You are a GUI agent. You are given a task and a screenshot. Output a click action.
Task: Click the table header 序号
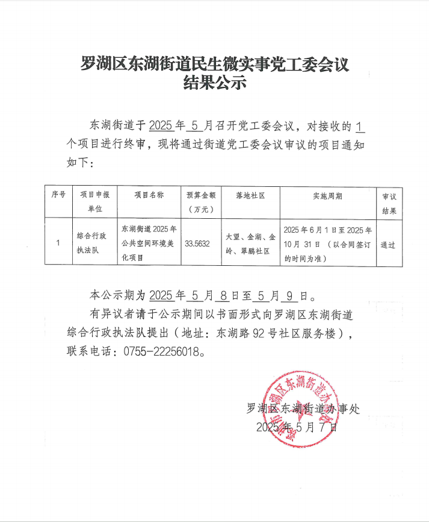tap(58, 195)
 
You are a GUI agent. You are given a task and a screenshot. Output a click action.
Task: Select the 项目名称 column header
tap(149, 195)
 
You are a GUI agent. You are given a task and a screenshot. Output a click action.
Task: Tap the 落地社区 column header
tap(250, 195)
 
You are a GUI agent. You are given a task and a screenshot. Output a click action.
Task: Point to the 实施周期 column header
tap(327, 195)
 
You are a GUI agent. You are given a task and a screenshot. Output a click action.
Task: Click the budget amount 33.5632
tap(197, 244)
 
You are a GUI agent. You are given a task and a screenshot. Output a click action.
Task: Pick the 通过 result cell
tap(388, 244)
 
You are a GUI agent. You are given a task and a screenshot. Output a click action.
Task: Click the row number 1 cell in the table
tap(58, 244)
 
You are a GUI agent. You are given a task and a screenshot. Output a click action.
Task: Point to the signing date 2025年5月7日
tap(297, 427)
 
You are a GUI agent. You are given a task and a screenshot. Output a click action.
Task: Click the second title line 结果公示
tap(215, 84)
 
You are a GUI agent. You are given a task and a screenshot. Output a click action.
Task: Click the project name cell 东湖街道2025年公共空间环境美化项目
tap(149, 244)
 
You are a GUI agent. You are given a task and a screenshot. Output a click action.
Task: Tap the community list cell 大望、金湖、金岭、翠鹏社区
tap(250, 244)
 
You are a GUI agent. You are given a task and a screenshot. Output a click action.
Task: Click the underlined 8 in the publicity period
tap(224, 296)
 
